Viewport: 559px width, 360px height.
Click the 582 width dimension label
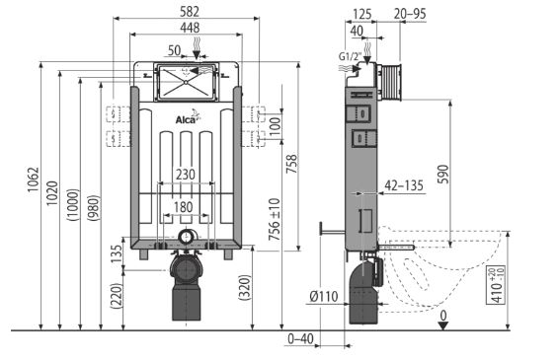click(x=190, y=12)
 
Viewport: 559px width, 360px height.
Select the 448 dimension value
click(x=190, y=28)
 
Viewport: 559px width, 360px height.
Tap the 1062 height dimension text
click(x=34, y=180)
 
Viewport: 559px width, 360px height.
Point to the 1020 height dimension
click(x=52, y=193)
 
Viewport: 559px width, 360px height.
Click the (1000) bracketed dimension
click(x=73, y=205)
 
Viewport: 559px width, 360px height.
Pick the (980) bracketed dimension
click(x=94, y=208)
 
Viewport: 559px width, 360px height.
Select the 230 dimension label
click(x=186, y=175)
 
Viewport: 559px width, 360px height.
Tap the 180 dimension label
click(x=184, y=207)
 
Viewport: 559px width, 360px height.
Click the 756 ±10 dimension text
click(x=275, y=219)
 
